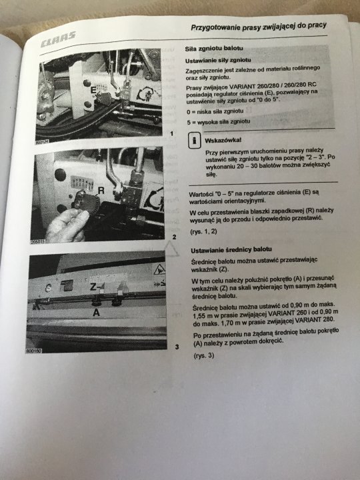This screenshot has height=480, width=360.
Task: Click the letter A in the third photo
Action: click(96, 311)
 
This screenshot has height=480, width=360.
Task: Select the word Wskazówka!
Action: click(224, 141)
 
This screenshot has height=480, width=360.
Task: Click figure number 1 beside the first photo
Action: click(171, 134)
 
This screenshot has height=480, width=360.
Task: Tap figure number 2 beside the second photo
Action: click(174, 237)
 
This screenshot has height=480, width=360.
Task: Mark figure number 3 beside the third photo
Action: click(176, 347)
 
